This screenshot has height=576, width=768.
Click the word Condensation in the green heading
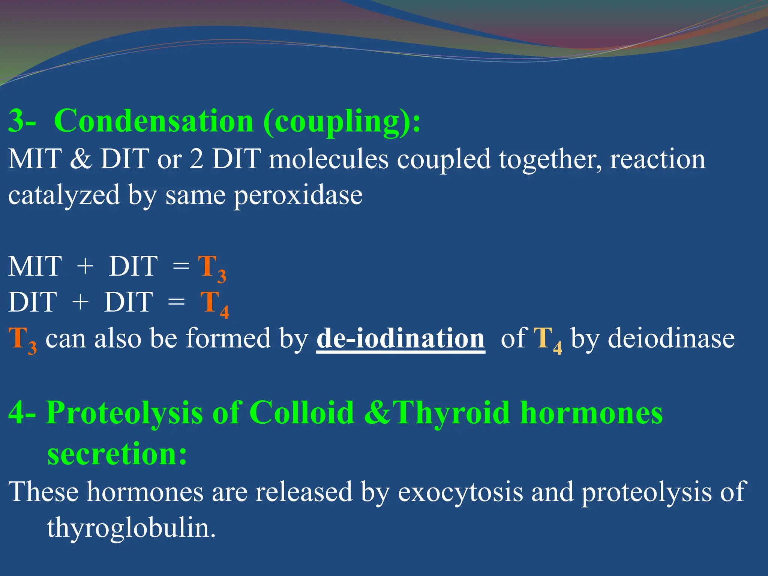(154, 121)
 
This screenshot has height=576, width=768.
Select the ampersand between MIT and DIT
(81, 159)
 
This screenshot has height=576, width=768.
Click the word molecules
(328, 159)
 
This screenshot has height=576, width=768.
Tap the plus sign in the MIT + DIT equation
(85, 266)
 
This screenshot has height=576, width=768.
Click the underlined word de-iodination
(400, 339)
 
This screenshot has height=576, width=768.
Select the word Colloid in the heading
(301, 412)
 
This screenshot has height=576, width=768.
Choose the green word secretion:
(117, 454)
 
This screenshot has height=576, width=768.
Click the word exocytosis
(460, 492)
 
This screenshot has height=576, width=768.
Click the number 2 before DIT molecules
(196, 159)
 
